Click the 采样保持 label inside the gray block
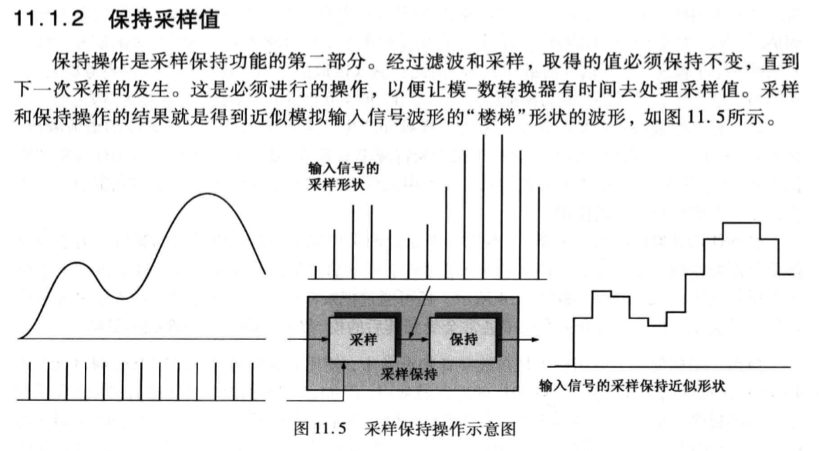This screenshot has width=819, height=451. coord(409,375)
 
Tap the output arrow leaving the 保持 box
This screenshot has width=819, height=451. coord(525,337)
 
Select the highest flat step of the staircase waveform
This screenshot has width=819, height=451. coord(741,223)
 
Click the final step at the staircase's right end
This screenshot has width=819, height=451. coord(787,274)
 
